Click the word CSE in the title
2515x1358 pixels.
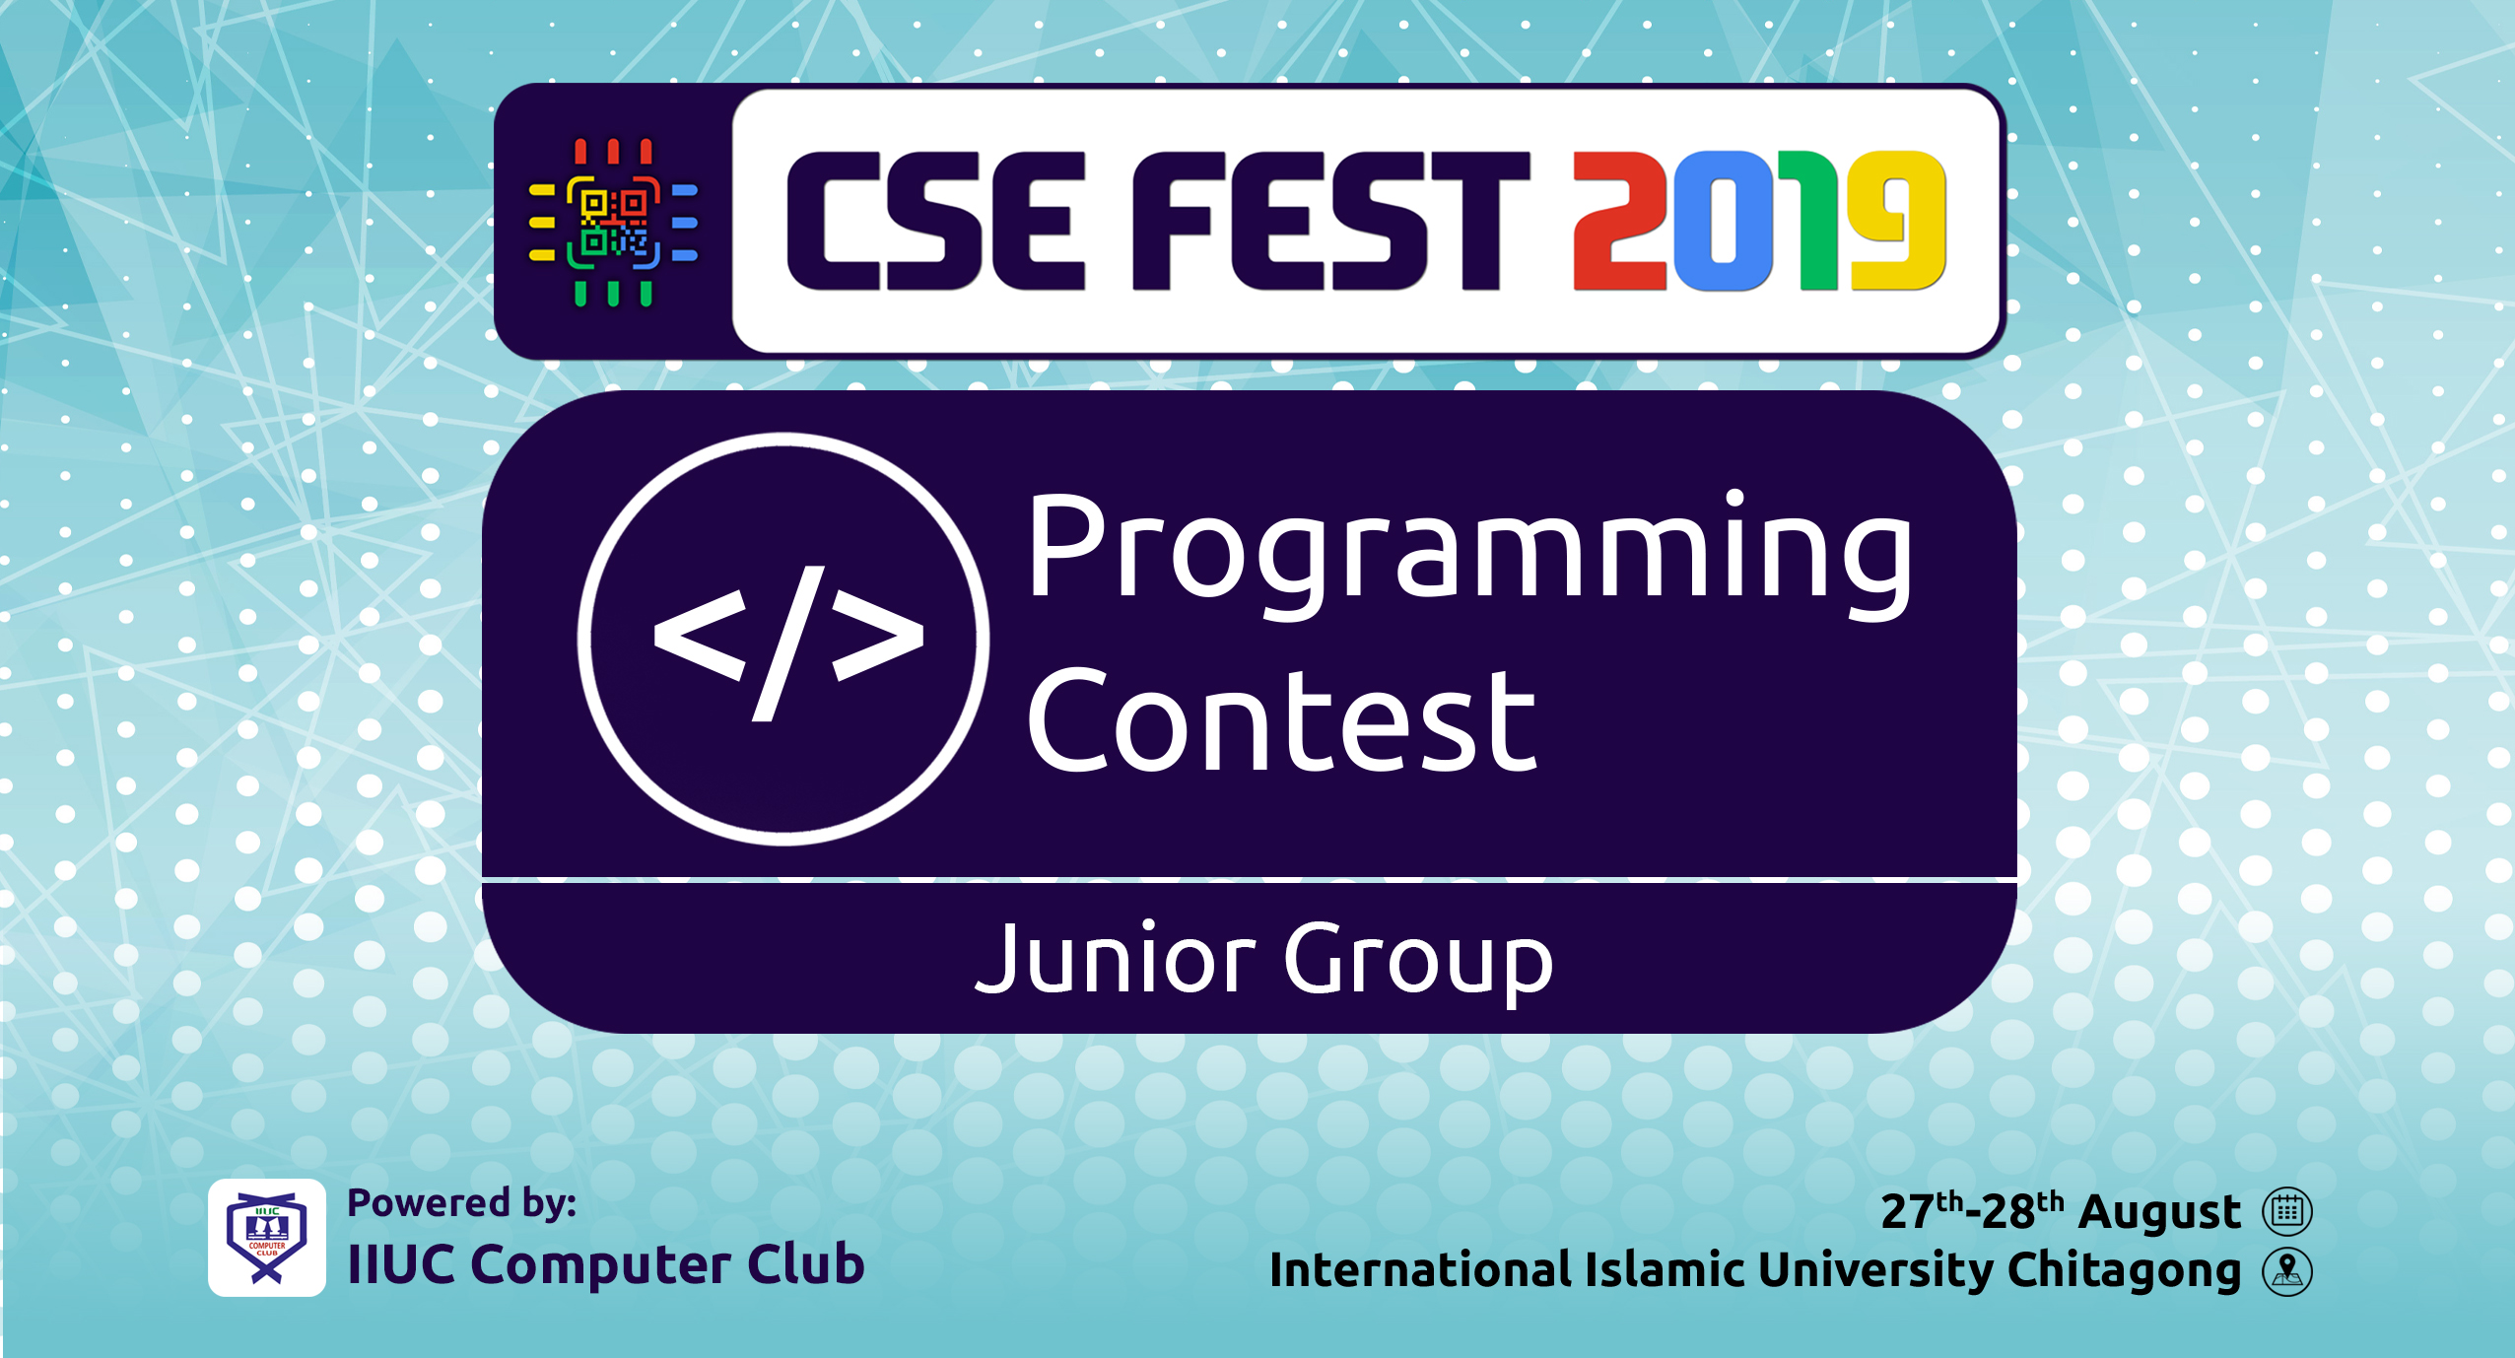click(x=934, y=221)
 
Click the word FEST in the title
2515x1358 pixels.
click(x=1330, y=221)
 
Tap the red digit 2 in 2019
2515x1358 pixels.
click(x=1619, y=221)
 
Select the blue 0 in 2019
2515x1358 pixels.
click(x=1723, y=221)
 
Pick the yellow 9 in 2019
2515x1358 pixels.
click(x=1898, y=221)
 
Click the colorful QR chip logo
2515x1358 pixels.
click(x=613, y=223)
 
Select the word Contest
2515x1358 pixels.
click(x=1281, y=720)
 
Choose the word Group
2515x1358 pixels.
click(x=1418, y=964)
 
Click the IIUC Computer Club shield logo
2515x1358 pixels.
click(x=267, y=1238)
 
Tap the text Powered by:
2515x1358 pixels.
click(x=462, y=1204)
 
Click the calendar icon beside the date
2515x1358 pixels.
click(x=2287, y=1212)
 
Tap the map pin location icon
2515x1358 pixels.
click(x=2287, y=1271)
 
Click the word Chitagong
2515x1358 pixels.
click(x=2124, y=1271)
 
